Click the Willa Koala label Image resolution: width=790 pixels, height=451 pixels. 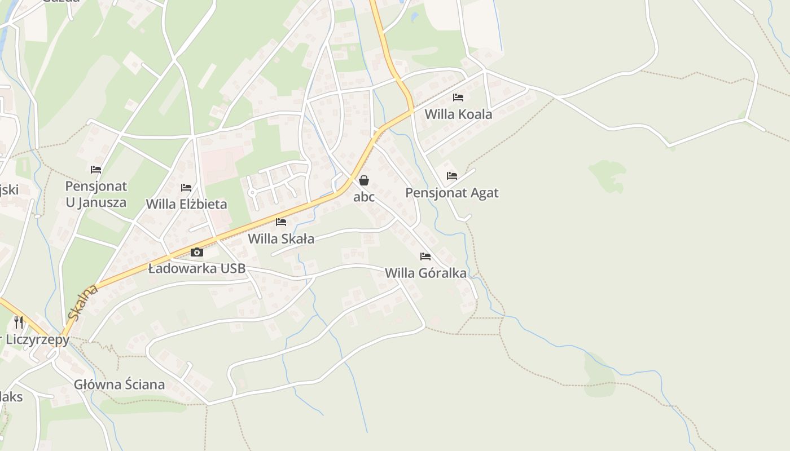[x=458, y=114]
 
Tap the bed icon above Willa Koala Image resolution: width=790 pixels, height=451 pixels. [x=458, y=98]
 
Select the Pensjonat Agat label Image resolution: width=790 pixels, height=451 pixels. [x=452, y=193]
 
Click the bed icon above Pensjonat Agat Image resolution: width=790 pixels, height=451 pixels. [x=452, y=176]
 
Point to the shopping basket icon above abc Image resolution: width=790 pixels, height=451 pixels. [x=364, y=180]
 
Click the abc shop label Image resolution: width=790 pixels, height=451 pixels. [x=364, y=197]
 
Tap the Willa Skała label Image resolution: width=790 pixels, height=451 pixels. [x=281, y=238]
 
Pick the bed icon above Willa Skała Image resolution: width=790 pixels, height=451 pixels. [x=281, y=222]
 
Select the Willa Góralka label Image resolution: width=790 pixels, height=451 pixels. [x=425, y=273]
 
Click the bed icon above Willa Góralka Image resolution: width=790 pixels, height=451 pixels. [x=425, y=257]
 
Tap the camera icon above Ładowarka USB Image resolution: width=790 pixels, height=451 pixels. [x=197, y=252]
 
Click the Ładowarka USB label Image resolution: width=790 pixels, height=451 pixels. [x=197, y=268]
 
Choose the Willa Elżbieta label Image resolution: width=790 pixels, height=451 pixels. [x=186, y=204]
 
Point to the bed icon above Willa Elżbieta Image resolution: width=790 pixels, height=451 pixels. [x=186, y=188]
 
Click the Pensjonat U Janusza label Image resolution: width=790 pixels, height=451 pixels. [x=96, y=194]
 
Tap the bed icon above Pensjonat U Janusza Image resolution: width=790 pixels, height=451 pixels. [x=96, y=169]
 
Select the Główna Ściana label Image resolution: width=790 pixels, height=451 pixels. [x=120, y=384]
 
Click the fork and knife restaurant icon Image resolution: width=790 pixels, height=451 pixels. [x=19, y=322]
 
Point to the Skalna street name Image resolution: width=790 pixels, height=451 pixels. [x=82, y=303]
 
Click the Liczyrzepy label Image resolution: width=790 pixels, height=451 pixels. [x=37, y=339]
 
